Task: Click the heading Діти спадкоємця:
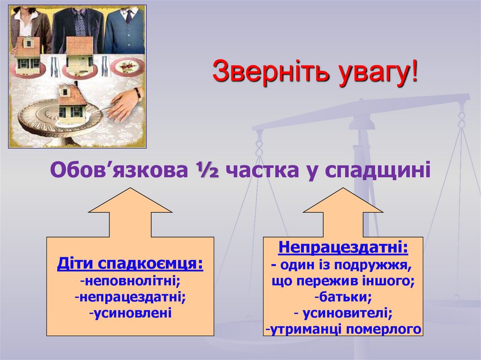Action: click(130, 264)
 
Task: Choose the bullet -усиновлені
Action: click(130, 312)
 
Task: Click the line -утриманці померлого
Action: click(343, 329)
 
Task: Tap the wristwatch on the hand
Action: click(138, 93)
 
